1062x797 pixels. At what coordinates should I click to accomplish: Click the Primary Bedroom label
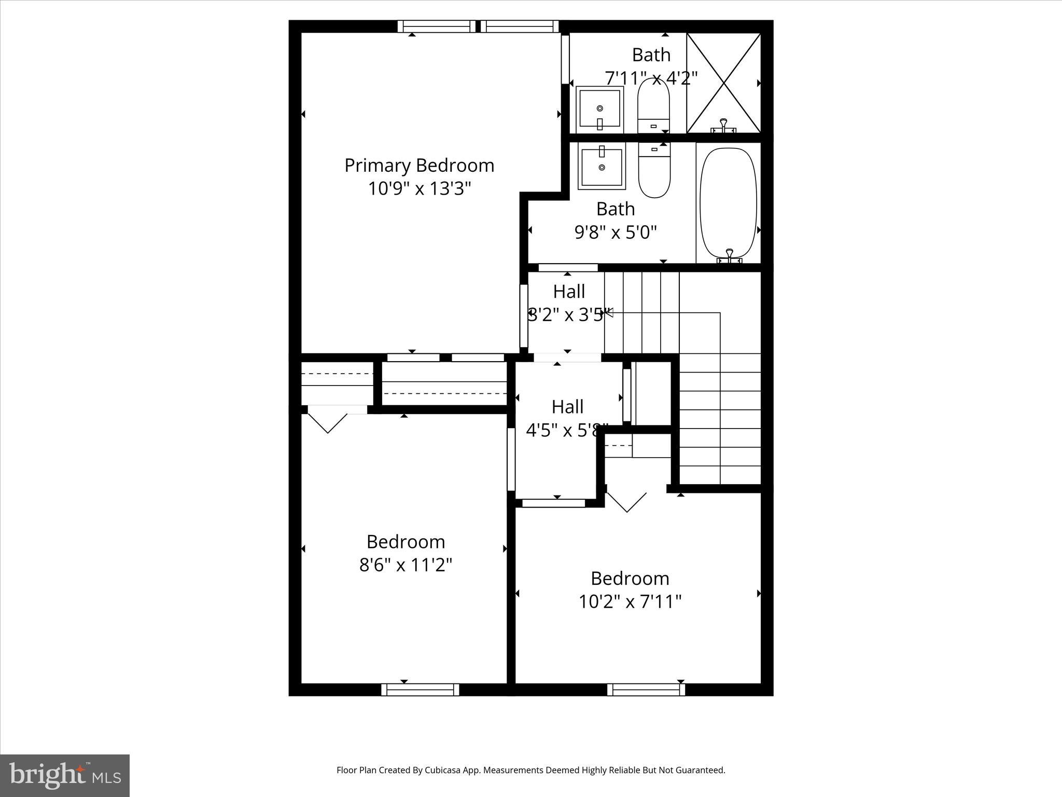[419, 166]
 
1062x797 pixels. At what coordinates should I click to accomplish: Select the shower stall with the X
[723, 83]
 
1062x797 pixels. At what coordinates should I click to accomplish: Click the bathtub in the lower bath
[728, 203]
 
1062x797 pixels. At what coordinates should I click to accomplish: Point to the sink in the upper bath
[599, 108]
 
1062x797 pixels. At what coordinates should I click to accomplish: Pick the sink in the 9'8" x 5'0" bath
[602, 167]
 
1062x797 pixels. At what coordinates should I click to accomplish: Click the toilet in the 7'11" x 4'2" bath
[653, 106]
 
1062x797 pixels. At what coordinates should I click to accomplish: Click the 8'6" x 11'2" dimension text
[406, 565]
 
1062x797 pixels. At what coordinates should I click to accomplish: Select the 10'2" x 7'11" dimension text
[630, 601]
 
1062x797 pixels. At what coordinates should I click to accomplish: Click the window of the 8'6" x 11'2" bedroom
[420, 690]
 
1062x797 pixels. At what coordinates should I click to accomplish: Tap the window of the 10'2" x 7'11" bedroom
[646, 690]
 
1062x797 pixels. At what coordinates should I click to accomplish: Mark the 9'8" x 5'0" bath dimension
[616, 232]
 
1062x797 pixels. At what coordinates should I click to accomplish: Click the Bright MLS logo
[65, 775]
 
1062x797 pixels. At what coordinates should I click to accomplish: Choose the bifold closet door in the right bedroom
[626, 501]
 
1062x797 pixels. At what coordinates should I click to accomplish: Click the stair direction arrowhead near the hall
[609, 312]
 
